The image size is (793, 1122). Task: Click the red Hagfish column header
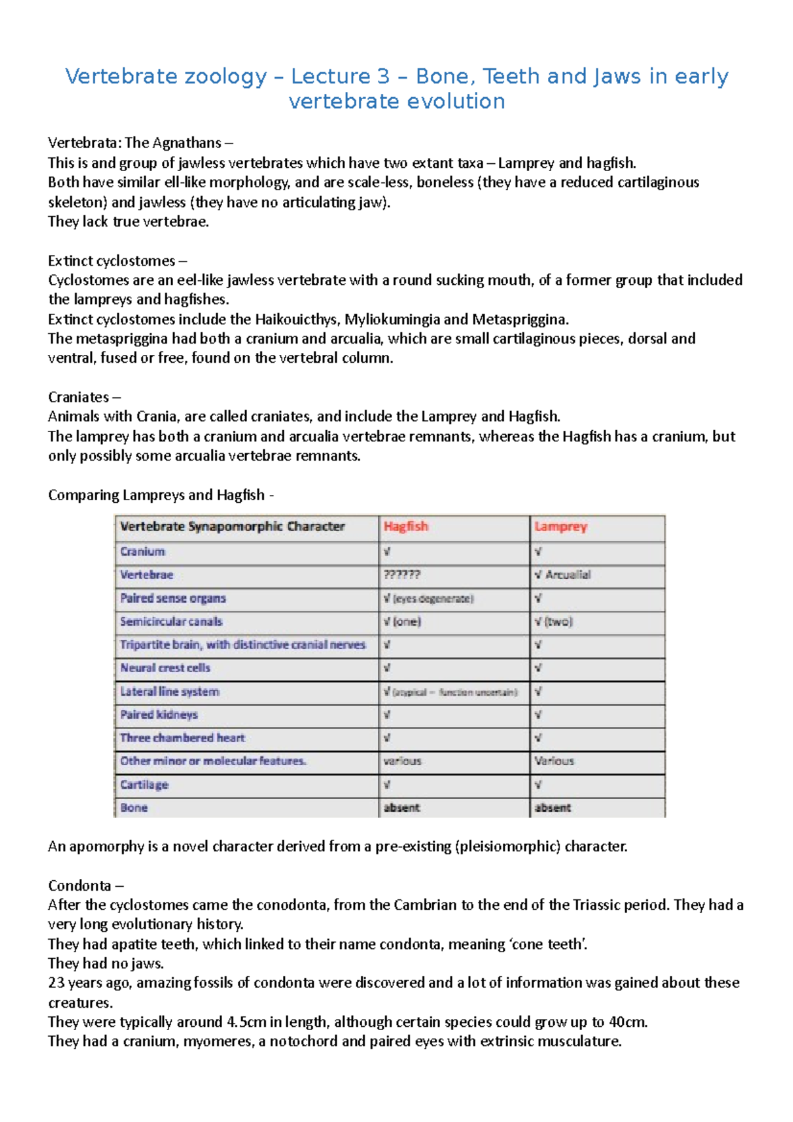tap(406, 527)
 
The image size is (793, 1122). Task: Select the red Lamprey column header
tap(560, 527)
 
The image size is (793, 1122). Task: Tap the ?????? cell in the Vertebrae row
tap(402, 575)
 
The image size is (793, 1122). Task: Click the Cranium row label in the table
tap(143, 552)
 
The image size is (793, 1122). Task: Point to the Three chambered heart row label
tap(182, 738)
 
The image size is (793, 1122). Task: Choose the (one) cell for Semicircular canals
tap(402, 622)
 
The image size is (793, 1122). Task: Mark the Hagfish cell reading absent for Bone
tap(402, 807)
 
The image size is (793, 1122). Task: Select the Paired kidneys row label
tap(159, 715)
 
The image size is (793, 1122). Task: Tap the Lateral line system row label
tap(170, 692)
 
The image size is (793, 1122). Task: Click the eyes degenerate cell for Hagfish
tap(429, 599)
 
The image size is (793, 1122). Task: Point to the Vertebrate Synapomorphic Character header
tap(233, 527)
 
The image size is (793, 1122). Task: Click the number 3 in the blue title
tap(383, 77)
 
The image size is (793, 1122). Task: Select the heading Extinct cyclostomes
tap(112, 261)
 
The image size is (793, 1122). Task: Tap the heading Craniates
tap(79, 397)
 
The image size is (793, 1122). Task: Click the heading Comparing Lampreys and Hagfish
tap(157, 495)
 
